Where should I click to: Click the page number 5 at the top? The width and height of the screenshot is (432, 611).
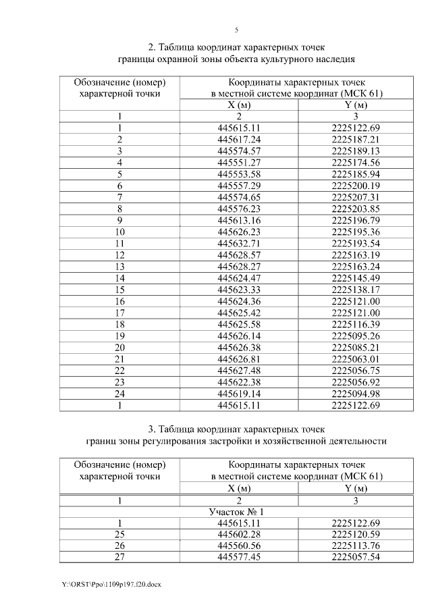236,30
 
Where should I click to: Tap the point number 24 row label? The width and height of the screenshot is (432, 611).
119,394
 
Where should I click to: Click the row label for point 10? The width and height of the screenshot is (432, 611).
119,232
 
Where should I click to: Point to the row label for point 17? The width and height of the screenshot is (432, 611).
119,313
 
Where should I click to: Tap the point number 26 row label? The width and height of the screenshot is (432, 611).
119,546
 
